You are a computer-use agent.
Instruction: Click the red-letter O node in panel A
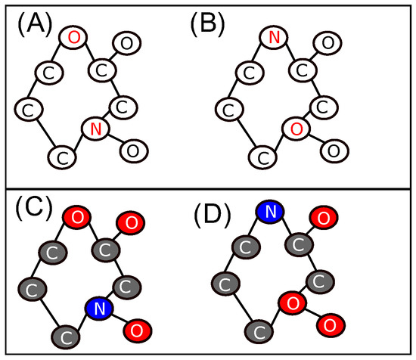point(73,36)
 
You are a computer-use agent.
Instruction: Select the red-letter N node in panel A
point(95,130)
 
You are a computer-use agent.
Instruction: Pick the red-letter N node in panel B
point(274,36)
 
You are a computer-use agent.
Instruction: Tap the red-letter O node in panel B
point(296,129)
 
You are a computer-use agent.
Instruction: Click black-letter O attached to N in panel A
point(132,150)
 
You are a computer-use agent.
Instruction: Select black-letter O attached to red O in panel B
point(333,149)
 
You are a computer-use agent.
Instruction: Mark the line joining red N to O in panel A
point(113,140)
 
